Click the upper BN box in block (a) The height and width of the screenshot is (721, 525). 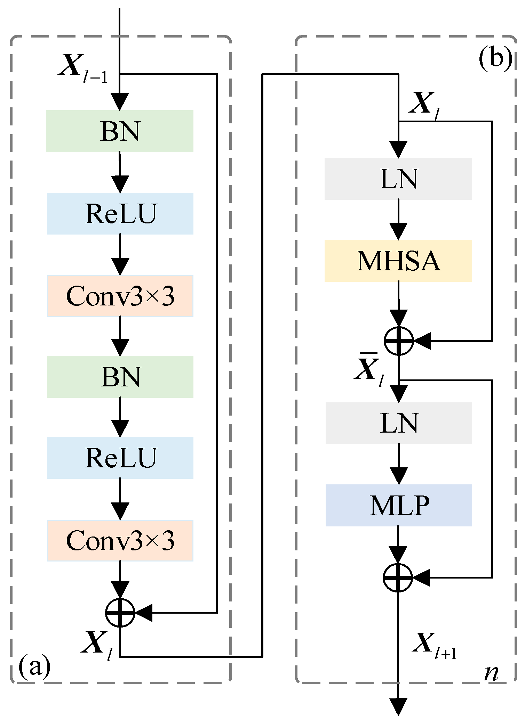click(120, 131)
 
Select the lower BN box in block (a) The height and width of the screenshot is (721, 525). click(120, 377)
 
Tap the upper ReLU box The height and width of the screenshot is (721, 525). click(120, 214)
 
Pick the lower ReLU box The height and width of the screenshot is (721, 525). click(120, 458)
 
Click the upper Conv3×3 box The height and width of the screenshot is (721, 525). click(120, 296)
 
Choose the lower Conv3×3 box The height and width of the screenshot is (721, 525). click(120, 541)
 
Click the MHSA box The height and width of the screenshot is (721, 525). click(398, 261)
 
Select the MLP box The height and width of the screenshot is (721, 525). click(399, 505)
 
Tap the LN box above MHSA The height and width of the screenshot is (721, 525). click(398, 179)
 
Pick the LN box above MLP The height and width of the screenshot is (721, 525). click(399, 423)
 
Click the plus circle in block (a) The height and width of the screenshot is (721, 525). click(120, 613)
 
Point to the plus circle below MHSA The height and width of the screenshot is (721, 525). click(399, 341)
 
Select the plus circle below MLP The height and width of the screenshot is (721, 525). click(398, 577)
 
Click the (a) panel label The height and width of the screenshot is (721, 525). click(34, 666)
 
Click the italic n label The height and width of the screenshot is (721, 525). click(492, 673)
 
